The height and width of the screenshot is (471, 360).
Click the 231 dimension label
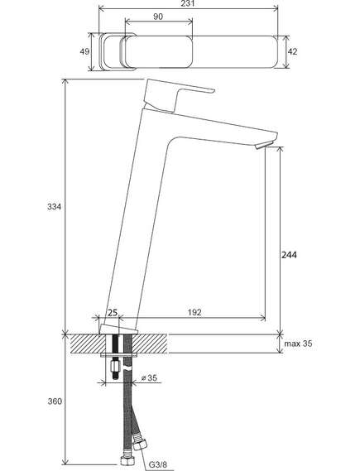pos(188,3)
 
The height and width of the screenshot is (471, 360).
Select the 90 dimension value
pos(158,17)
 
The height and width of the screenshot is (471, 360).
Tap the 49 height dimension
pos(84,51)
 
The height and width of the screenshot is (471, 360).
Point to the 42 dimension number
pos(292,51)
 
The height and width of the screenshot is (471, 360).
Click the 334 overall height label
pos(54,207)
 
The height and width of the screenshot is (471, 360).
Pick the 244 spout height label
pos(289,255)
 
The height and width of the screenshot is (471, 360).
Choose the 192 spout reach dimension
pos(194,312)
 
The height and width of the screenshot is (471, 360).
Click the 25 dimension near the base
pos(113,313)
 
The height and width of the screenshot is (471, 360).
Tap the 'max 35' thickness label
pos(298,344)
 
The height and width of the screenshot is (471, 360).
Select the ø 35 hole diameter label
pos(149,377)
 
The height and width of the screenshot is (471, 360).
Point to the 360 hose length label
pos(55,401)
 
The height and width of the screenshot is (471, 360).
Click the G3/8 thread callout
pos(158,465)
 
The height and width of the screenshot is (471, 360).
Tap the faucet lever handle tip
pos(213,90)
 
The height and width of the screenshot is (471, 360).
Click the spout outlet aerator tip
pos(262,146)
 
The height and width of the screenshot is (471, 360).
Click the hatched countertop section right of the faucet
pos(150,344)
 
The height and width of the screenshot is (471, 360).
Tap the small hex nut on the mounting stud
pos(115,367)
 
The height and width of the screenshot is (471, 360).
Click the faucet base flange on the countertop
pos(118,329)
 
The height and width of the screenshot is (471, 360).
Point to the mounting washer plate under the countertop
pos(119,355)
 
